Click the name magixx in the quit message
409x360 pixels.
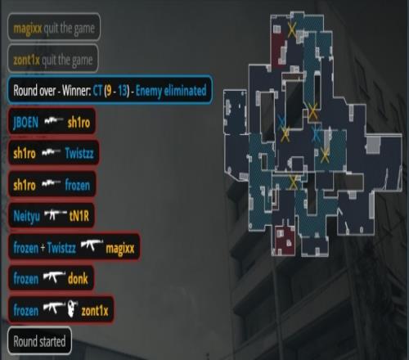[x=28, y=29]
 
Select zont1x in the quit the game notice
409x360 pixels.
[x=26, y=60]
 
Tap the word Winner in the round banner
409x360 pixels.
[x=76, y=90]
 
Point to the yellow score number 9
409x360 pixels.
[x=109, y=91]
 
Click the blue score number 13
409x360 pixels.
[x=123, y=91]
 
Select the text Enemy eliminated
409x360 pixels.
[x=171, y=91]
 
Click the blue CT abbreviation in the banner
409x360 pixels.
[x=97, y=91]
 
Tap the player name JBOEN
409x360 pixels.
[x=26, y=123]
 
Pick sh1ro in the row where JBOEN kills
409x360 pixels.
[x=79, y=123]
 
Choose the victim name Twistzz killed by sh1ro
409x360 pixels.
[x=79, y=153]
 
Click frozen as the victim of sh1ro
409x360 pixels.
[x=78, y=185]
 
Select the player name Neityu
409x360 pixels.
[x=27, y=216]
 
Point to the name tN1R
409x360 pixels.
[x=79, y=216]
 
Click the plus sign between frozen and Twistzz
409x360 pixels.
[x=43, y=248]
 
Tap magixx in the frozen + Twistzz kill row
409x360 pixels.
[x=120, y=249]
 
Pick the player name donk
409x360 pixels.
[x=78, y=279]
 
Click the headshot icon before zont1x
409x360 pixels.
[x=72, y=308]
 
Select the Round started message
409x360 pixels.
[x=39, y=341]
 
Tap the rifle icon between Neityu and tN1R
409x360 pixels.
[x=56, y=214]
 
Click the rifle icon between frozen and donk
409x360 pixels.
[x=54, y=277]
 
